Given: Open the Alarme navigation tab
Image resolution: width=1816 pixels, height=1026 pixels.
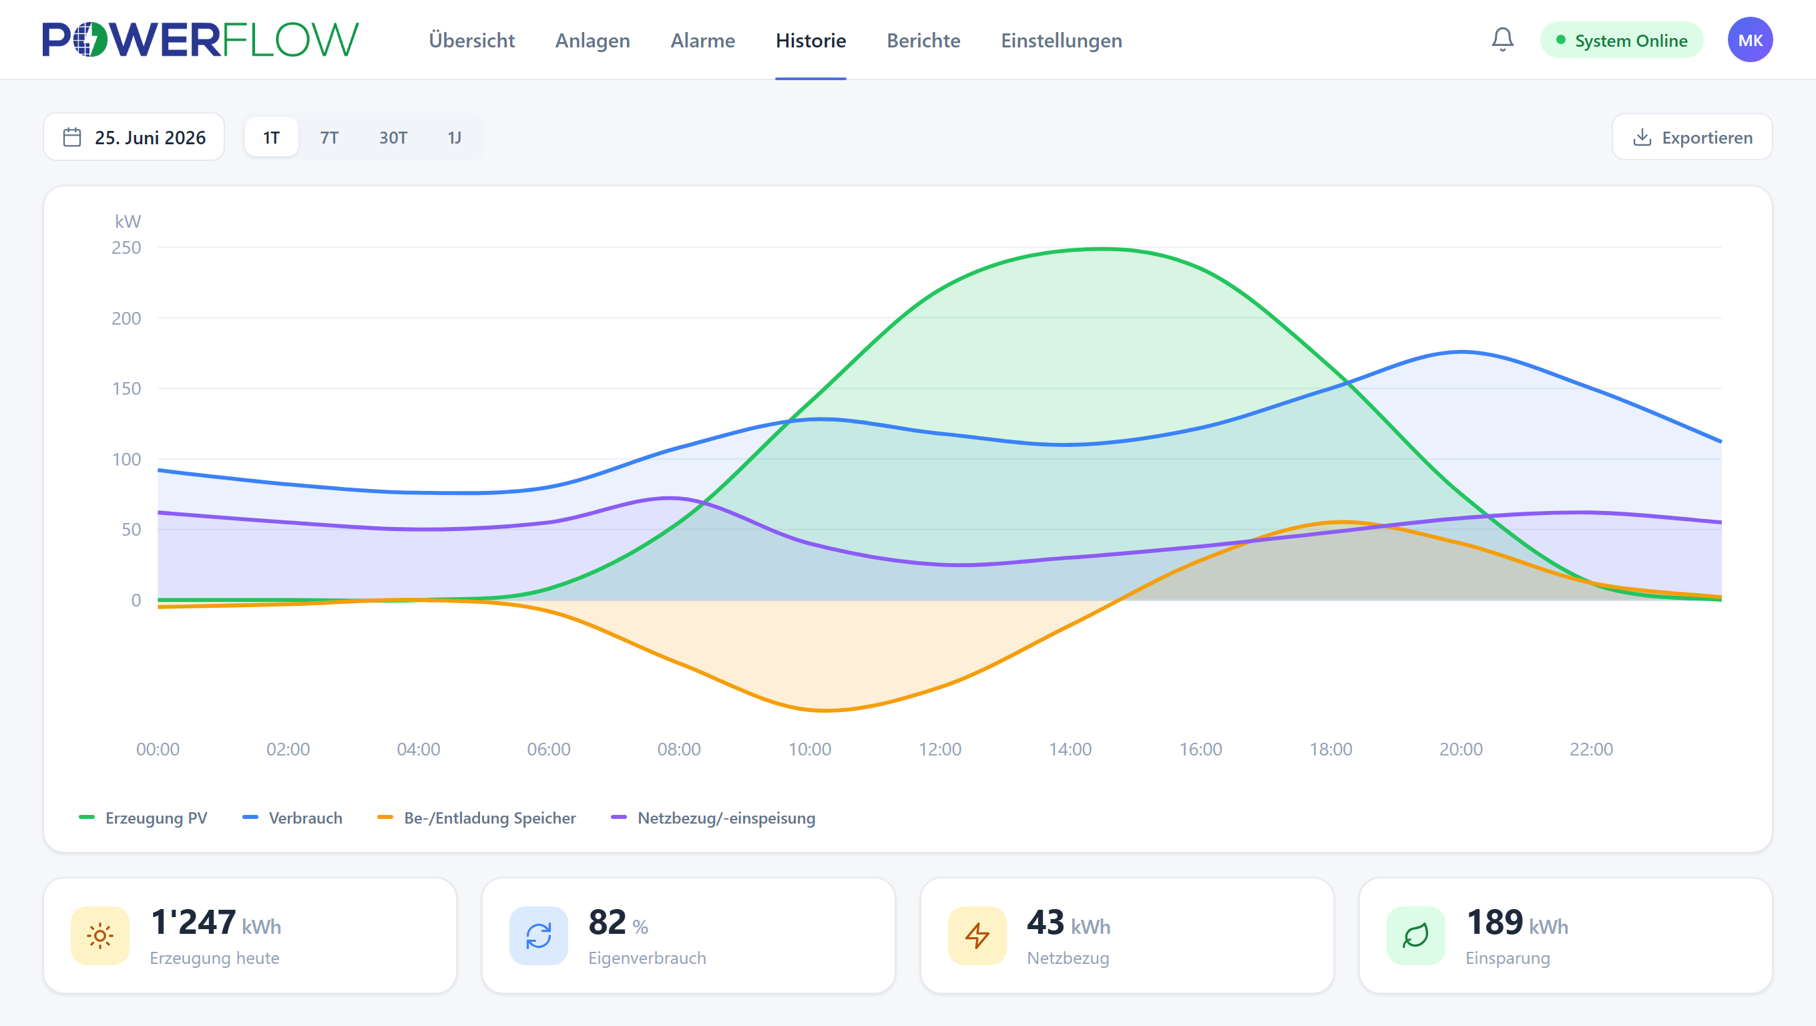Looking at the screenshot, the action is [702, 40].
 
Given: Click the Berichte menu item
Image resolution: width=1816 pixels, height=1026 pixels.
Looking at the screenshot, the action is [923, 40].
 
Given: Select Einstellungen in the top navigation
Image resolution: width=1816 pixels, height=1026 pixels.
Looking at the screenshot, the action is [1061, 40].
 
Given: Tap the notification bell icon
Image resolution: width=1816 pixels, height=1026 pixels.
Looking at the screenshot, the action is [1502, 39].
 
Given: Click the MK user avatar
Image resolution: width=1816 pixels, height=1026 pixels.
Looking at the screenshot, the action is [1750, 39].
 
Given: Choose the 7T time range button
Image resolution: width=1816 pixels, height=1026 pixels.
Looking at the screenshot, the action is [329, 137].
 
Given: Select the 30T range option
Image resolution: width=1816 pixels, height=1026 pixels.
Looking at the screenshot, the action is [393, 137].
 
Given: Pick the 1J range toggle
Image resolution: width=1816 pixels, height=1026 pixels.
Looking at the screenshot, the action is [455, 137].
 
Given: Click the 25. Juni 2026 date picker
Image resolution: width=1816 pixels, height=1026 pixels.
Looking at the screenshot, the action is [134, 137].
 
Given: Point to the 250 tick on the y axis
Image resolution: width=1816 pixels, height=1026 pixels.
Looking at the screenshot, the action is [126, 248].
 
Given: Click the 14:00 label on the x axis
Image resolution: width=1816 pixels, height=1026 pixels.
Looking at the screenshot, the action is [1070, 749].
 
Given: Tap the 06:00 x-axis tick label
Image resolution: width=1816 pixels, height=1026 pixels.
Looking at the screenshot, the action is [548, 749].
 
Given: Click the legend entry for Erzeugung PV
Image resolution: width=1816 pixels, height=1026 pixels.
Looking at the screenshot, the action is [143, 818].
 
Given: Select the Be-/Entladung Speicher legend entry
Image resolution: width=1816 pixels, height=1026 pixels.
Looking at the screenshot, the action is [477, 818].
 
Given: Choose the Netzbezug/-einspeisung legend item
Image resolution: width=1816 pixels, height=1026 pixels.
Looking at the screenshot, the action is [713, 818].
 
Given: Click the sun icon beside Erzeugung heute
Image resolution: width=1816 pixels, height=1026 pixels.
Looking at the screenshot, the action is [100, 936].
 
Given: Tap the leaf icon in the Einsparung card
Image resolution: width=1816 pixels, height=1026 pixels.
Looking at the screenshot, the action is [1415, 936].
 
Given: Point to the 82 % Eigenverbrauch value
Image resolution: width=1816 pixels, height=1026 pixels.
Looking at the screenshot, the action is [618, 922].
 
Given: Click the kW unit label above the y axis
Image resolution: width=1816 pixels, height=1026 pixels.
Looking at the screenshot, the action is [128, 221].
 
